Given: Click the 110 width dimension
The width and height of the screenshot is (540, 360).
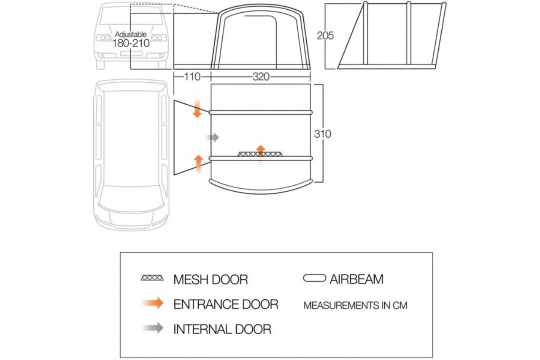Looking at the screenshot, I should tap(192, 77).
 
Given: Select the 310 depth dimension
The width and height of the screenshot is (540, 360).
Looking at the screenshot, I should tap(323, 134).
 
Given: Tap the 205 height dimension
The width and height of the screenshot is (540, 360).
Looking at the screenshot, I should tap(325, 36).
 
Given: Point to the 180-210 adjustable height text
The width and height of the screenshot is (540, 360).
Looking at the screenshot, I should tap(131, 43).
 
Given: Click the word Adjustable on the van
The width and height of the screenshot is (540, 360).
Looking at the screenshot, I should tap(131, 34).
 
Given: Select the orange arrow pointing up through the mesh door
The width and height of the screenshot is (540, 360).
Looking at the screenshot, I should tap(261, 154).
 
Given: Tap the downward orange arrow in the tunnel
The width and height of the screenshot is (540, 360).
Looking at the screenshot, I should tap(197, 109).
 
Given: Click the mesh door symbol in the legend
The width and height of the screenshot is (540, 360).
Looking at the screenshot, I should tap(152, 278).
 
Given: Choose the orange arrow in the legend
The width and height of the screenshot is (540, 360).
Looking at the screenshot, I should tap(153, 303).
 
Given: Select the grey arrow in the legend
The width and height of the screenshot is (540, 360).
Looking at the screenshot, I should tap(153, 328).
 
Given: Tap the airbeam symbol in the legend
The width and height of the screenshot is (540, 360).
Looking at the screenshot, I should tap(314, 278).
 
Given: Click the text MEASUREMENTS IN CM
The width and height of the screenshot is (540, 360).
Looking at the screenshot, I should tap(355, 305).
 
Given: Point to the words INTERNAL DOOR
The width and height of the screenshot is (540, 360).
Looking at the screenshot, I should tap(222, 329).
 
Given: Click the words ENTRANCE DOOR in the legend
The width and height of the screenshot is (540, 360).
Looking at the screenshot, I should tap(226, 304).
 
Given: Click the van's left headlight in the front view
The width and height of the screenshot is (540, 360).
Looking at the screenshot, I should tap(103, 38).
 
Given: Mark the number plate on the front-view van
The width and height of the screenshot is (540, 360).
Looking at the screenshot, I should tap(131, 54).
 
